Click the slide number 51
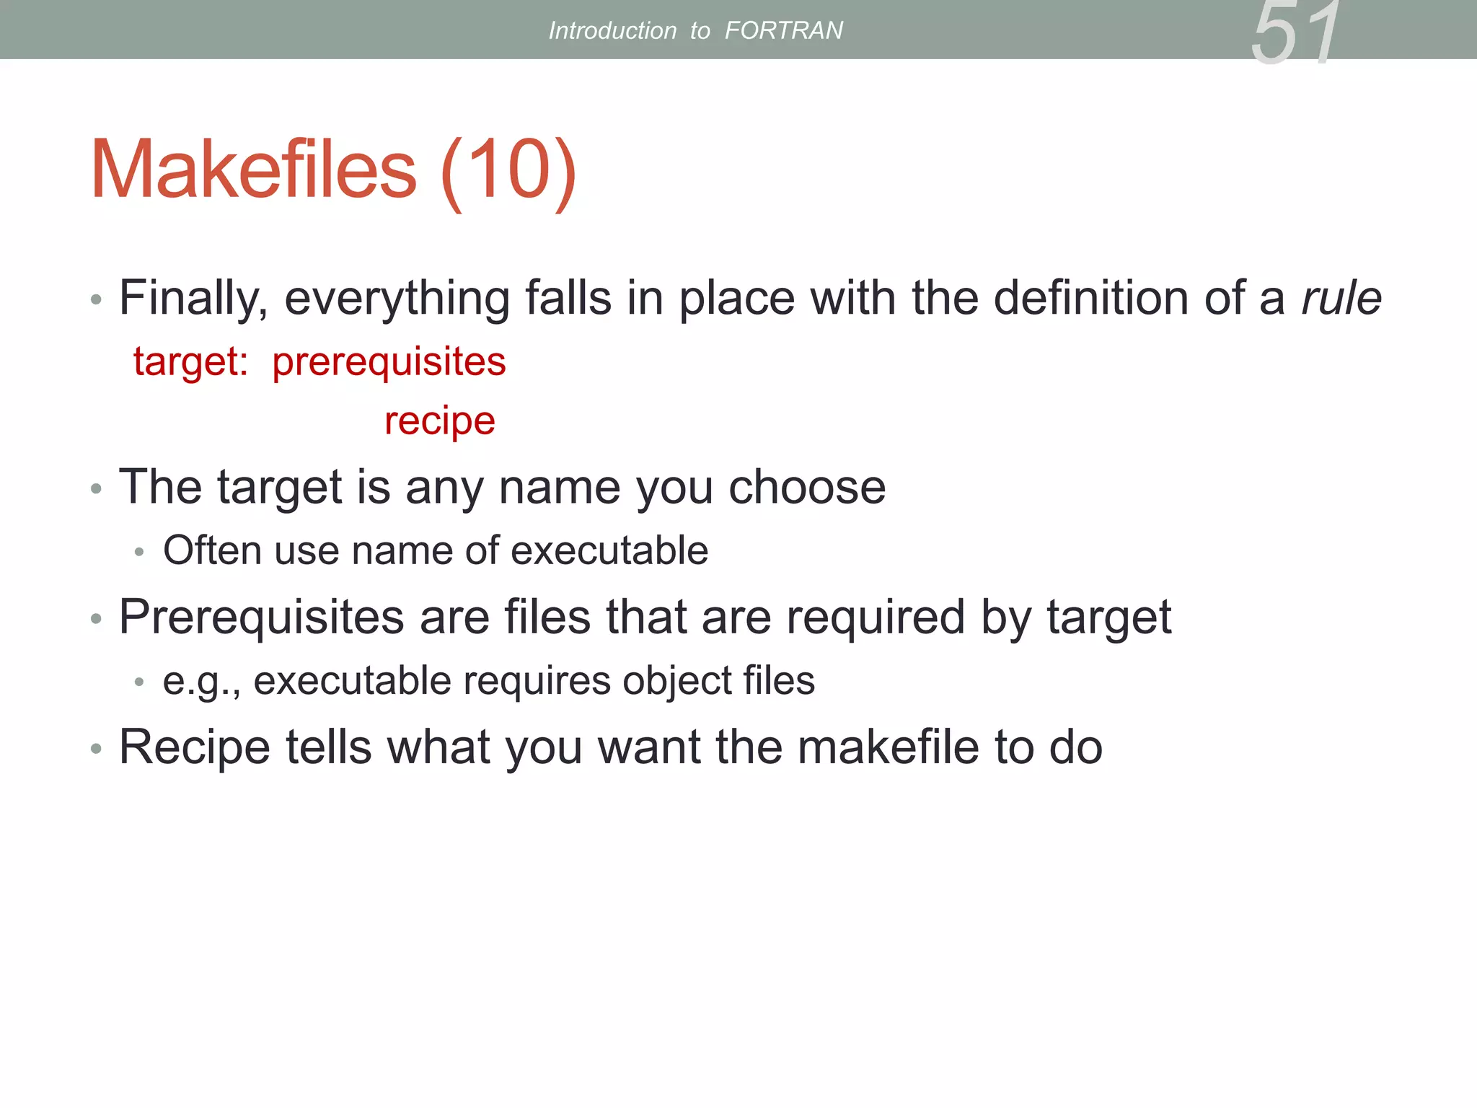1296,33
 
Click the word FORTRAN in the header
783,30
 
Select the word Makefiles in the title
253,170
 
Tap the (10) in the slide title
508,171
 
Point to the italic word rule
1341,298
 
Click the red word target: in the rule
190,361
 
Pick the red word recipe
439,421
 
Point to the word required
875,617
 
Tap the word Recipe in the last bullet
195,747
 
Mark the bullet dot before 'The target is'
97,489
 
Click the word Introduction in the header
612,30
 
